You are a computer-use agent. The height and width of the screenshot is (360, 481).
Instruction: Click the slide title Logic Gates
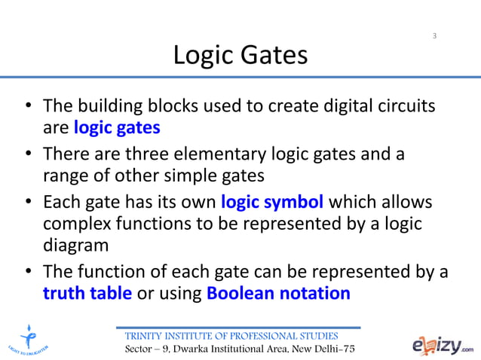(240, 55)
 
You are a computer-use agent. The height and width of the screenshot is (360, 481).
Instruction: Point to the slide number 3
(434, 36)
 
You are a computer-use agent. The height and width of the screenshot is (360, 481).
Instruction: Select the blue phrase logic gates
(117, 127)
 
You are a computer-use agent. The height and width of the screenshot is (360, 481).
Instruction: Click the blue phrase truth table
(87, 293)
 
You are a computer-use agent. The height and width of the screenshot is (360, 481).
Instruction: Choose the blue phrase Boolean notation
(278, 293)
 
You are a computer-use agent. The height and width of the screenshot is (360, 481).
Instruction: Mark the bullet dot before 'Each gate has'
(28, 203)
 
